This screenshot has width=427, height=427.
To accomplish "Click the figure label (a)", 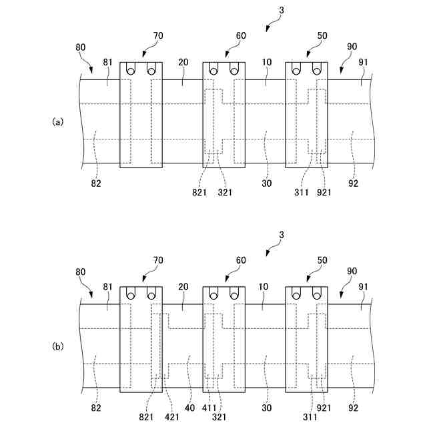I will [x=58, y=122].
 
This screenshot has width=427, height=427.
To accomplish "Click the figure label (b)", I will [x=58, y=346].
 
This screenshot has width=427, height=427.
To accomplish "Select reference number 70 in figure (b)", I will [x=157, y=260].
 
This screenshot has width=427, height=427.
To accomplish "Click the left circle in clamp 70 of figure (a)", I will [x=131, y=69].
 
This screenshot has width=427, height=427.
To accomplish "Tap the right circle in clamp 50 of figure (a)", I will [x=318, y=69].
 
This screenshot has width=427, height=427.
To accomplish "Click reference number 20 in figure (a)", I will [x=183, y=62].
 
